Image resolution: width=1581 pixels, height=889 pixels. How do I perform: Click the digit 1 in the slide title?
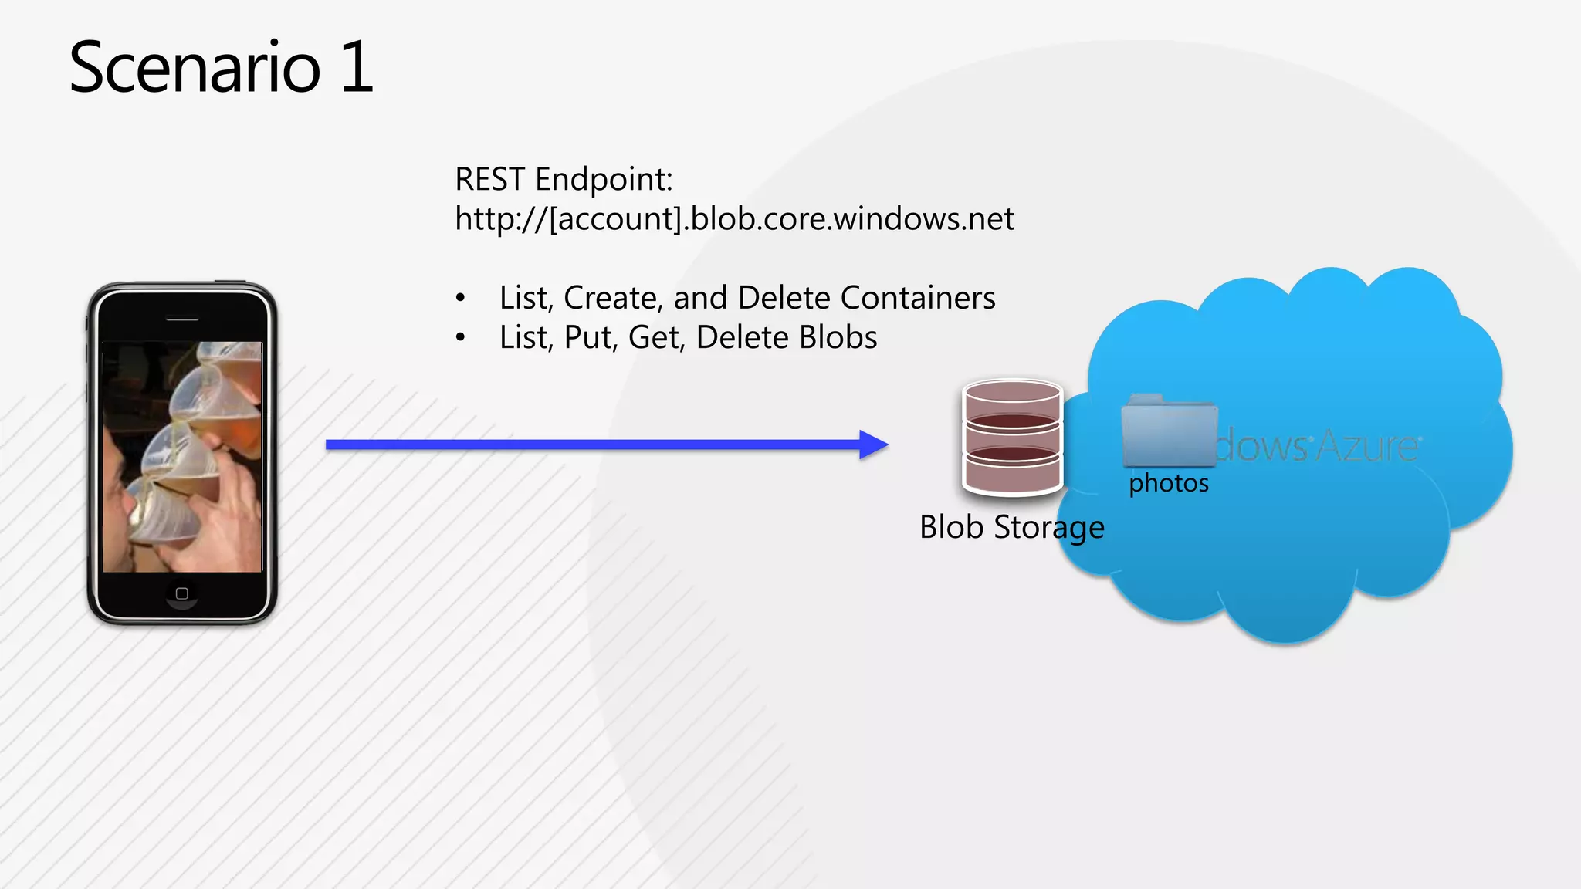point(356,68)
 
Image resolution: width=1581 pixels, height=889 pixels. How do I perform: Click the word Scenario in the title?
point(195,68)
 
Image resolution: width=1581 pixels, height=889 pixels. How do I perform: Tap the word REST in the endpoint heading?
point(489,180)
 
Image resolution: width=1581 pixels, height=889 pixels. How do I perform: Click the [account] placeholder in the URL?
point(615,219)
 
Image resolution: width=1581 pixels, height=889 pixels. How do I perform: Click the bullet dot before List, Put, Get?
point(461,338)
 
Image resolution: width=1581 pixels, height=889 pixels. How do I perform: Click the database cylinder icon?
point(1012,437)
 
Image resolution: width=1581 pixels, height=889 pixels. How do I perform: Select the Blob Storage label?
point(1011,528)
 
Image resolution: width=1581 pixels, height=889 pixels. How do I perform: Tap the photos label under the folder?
point(1168,484)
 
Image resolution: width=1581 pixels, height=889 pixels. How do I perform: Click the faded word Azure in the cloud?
point(1367,445)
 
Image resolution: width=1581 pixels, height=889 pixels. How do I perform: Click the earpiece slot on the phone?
point(182,319)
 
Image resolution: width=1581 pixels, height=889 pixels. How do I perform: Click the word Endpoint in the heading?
point(604,180)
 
